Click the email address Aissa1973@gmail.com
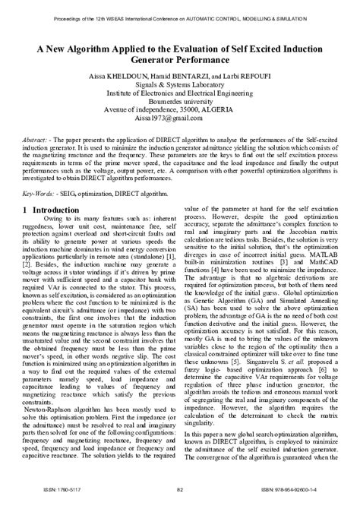(180, 119)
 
